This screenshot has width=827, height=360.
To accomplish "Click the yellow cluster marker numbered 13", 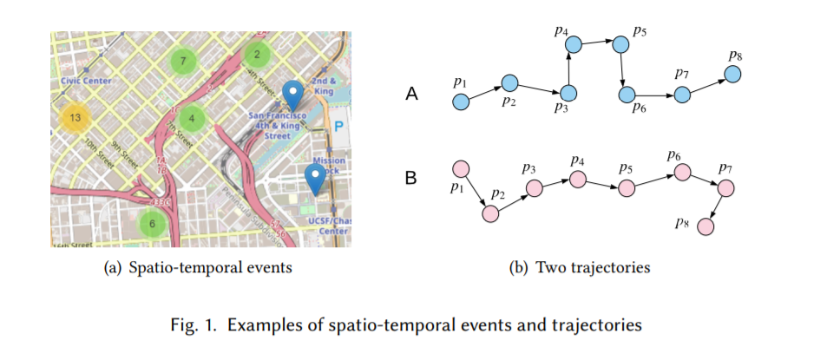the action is click(x=75, y=117).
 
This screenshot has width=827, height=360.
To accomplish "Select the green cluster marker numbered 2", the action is click(x=257, y=55).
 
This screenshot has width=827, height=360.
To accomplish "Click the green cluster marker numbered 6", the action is click(x=153, y=223).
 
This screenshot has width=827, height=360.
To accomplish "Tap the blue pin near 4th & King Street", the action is click(x=294, y=95).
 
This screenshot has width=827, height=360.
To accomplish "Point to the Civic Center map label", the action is click(x=83, y=81).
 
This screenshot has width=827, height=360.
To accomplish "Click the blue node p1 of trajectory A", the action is click(x=461, y=102).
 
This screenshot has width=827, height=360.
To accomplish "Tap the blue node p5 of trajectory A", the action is click(x=620, y=42).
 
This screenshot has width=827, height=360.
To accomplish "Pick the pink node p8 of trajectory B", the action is click(x=706, y=226).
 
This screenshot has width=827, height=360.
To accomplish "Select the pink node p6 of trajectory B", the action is click(x=682, y=173).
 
